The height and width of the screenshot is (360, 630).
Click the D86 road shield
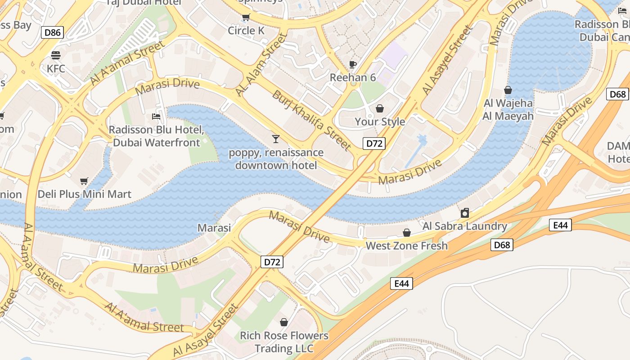(52, 32)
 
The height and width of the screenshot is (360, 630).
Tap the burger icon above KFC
(56, 55)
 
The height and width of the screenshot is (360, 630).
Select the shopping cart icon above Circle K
(246, 18)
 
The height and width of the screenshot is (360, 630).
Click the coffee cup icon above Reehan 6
(353, 64)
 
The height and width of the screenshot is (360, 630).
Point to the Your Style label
(380, 121)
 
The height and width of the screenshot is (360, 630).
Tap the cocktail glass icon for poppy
(276, 139)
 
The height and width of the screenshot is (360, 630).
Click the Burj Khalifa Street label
(312, 120)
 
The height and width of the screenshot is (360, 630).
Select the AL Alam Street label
(261, 64)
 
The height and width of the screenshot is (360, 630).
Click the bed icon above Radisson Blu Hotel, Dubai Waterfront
(156, 117)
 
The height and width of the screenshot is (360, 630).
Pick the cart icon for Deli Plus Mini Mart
(84, 181)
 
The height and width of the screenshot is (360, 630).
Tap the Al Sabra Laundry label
(465, 226)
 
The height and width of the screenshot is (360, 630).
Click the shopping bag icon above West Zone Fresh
(407, 233)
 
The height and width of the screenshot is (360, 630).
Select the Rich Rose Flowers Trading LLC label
(284, 342)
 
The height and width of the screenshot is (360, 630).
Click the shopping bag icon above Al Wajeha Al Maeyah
(508, 90)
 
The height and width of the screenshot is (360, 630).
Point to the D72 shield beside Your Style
(374, 144)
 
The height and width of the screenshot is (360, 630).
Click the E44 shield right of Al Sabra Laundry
(560, 225)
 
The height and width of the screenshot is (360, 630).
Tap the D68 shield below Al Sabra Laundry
(502, 245)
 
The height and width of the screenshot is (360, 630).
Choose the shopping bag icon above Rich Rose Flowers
(284, 322)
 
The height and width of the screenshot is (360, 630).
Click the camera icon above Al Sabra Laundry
(465, 213)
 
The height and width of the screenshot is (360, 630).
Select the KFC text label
(56, 69)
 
